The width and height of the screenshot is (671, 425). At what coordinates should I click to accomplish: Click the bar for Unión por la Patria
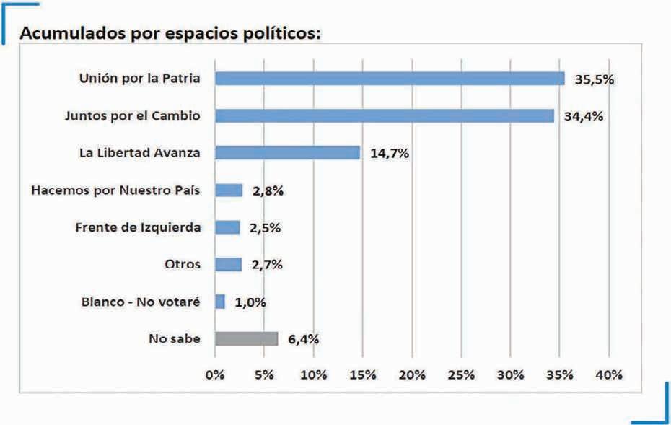[390, 79]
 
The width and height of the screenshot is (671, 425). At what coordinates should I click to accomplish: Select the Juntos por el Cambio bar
[385, 116]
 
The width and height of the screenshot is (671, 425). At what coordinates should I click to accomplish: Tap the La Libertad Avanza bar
[288, 153]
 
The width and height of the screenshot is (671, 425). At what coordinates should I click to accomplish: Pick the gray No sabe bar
[247, 339]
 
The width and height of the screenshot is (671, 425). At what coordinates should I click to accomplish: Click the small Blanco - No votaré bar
[220, 302]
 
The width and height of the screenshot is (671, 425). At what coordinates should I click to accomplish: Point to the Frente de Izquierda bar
[228, 227]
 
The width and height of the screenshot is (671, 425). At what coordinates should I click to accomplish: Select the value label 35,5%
[595, 79]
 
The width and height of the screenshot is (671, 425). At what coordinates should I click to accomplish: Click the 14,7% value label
[390, 153]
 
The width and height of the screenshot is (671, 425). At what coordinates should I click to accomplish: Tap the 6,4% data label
[304, 339]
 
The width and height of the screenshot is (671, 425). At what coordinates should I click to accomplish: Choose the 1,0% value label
[250, 302]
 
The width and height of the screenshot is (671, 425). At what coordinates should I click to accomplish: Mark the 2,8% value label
[268, 190]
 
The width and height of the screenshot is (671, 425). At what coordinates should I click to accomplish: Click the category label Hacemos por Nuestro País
[115, 190]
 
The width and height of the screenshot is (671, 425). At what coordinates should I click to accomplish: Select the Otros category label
[183, 264]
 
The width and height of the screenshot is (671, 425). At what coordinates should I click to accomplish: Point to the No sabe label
[175, 338]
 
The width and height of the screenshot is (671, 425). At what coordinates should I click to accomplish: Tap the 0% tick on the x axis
[215, 375]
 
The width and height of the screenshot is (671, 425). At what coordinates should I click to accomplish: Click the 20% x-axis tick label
[412, 375]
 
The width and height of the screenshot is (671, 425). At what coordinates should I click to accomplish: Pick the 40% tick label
[610, 375]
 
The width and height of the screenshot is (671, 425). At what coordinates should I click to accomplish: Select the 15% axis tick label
[363, 375]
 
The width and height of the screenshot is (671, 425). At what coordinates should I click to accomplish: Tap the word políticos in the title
[282, 34]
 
